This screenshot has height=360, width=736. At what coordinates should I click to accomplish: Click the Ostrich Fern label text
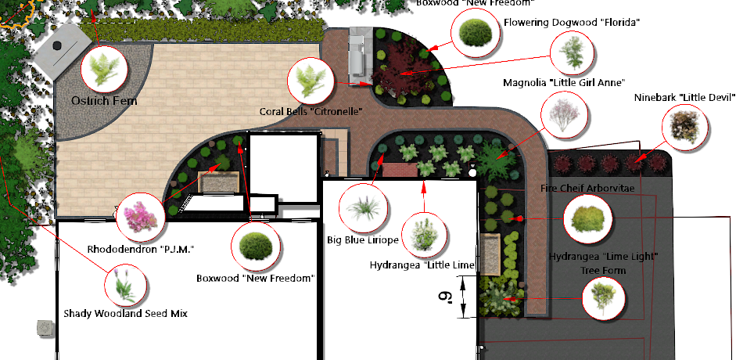pos(99,101)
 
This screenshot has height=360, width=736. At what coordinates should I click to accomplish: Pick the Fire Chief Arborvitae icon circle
pos(587,218)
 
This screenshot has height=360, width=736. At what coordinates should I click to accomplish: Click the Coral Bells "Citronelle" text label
pos(311,112)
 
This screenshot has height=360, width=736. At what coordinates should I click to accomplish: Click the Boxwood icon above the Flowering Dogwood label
pos(475,32)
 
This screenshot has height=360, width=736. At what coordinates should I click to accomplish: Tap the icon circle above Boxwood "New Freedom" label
pos(255,246)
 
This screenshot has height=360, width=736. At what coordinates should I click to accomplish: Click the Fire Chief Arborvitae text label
pos(587,189)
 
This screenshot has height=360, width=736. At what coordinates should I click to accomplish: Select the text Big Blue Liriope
pos(362,239)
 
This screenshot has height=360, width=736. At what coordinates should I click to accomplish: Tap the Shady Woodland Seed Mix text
pos(125,313)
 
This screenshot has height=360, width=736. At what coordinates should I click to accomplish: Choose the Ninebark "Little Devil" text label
pos(684,97)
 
